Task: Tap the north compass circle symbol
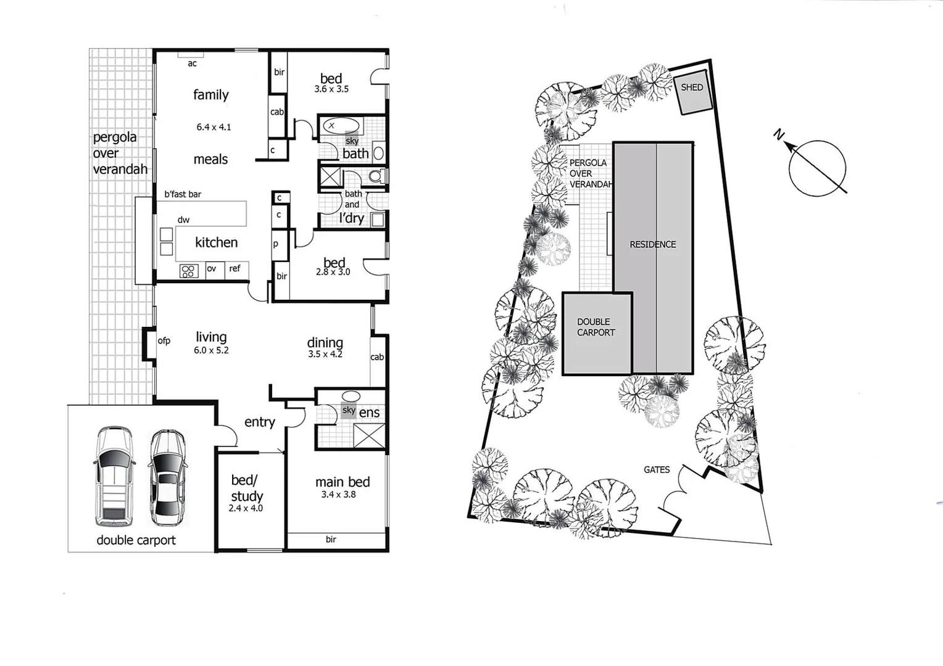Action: click(817, 168)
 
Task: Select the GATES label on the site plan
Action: click(657, 470)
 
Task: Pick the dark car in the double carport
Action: click(167, 477)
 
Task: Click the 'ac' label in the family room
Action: click(192, 64)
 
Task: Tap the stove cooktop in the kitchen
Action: click(188, 271)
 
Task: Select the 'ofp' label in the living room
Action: click(164, 340)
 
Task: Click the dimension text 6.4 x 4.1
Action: click(214, 127)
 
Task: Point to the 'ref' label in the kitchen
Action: click(235, 268)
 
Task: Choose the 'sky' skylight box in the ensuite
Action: click(349, 411)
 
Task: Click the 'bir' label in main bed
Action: click(331, 540)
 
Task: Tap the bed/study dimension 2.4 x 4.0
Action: click(246, 508)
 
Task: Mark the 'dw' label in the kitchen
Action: click(183, 220)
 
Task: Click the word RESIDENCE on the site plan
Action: click(652, 244)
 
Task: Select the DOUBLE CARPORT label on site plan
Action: click(596, 327)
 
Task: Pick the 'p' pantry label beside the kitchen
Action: click(275, 244)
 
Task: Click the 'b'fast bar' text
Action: click(183, 194)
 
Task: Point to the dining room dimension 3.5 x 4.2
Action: click(325, 354)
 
